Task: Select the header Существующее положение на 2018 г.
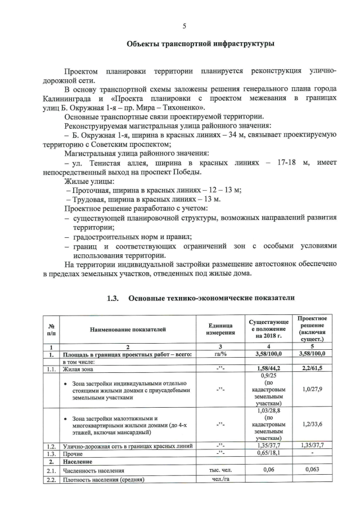click(270, 329)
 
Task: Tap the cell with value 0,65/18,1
click(270, 452)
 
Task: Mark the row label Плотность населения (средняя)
click(103, 480)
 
